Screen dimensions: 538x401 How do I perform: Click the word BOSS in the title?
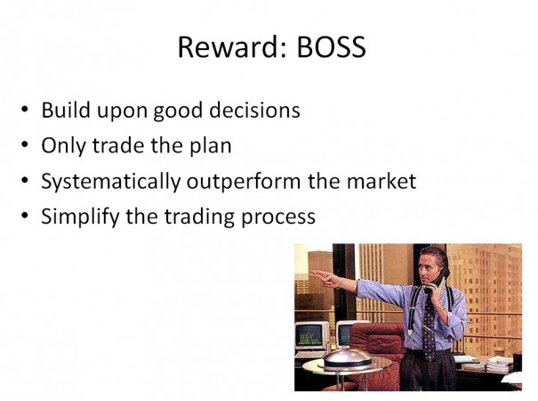click(331, 46)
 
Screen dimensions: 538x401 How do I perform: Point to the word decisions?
click(254, 110)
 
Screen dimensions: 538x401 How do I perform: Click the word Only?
click(63, 146)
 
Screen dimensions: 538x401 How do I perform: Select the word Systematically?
click(111, 181)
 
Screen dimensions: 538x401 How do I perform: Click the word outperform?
click(244, 181)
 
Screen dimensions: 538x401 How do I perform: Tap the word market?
click(381, 181)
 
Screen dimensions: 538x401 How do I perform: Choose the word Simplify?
click(81, 217)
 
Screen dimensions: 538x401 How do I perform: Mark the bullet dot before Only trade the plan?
click(25, 144)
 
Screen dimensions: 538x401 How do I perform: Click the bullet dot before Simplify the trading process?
click(25, 216)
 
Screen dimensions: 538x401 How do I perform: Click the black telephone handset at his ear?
click(438, 281)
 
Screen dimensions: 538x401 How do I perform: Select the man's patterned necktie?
click(429, 327)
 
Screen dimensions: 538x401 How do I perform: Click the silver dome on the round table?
click(347, 359)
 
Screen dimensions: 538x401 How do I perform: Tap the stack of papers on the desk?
click(498, 364)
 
